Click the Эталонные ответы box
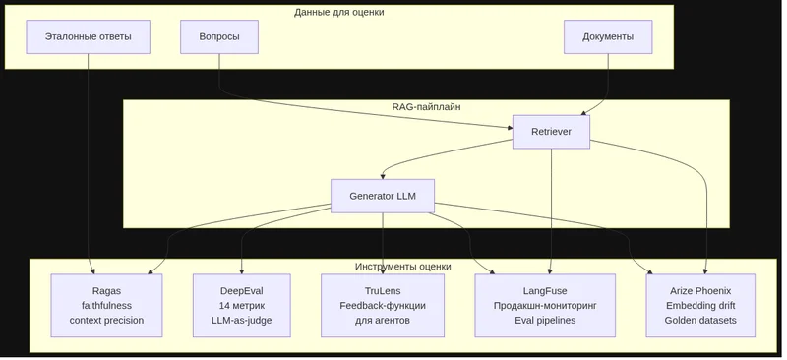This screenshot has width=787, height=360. pyautogui.click(x=88, y=36)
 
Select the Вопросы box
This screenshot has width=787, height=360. pyautogui.click(x=219, y=36)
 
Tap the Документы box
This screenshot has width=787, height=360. pyautogui.click(x=608, y=36)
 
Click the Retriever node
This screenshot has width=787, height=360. pyautogui.click(x=551, y=132)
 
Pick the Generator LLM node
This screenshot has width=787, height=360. pyautogui.click(x=383, y=196)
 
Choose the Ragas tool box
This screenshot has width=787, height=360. pyautogui.click(x=106, y=305)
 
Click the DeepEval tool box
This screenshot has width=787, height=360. pyautogui.click(x=241, y=305)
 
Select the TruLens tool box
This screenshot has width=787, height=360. pyautogui.click(x=383, y=305)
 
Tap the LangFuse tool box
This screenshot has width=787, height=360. pyautogui.click(x=545, y=305)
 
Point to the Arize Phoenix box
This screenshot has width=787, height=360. pyautogui.click(x=700, y=305)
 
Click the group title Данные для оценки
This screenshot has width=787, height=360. pyautogui.click(x=339, y=12)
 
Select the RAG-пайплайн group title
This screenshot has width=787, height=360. pyautogui.click(x=426, y=106)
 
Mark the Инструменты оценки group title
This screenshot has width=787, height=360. pyautogui.click(x=403, y=267)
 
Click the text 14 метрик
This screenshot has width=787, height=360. pyautogui.click(x=241, y=305)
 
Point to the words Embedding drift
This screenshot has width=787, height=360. pyautogui.click(x=700, y=305)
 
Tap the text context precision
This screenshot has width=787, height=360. pyautogui.click(x=106, y=320)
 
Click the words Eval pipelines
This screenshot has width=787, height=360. pyautogui.click(x=545, y=320)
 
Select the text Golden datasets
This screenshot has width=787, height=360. pyautogui.click(x=700, y=320)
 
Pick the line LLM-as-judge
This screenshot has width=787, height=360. pyautogui.click(x=241, y=320)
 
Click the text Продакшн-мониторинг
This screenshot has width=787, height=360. pyautogui.click(x=545, y=305)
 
